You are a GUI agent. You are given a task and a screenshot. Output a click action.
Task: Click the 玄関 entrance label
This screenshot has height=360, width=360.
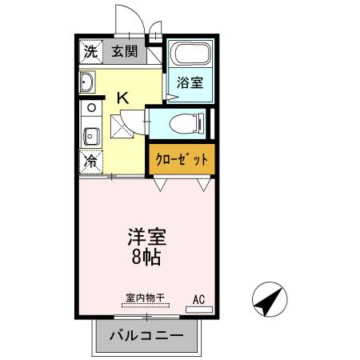tap(124, 53)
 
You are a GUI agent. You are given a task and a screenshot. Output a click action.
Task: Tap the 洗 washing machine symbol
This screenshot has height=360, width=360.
tap(90, 53)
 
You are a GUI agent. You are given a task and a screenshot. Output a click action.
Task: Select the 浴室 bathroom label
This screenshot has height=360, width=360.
tap(189, 82)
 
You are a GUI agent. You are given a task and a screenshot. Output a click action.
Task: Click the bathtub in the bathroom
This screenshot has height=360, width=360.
tap(190, 57)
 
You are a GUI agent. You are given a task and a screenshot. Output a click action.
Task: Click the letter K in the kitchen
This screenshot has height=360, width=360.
tap(123, 98)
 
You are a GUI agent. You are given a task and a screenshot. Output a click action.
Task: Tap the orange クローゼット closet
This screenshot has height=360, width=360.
tap(182, 159)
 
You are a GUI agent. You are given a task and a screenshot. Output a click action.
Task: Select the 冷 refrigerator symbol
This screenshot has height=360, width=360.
tap(90, 160)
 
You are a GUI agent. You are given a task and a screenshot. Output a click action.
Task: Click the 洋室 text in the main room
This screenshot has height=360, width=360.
tap(146, 238)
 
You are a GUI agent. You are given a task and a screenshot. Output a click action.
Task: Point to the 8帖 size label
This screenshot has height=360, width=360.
tap(146, 258)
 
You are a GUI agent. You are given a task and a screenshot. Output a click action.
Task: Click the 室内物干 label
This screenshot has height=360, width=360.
tap(144, 298)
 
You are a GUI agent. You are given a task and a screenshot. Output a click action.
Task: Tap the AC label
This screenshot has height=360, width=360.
tap(199, 299)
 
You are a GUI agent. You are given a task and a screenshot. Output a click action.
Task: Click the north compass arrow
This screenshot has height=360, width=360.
tap(266, 302)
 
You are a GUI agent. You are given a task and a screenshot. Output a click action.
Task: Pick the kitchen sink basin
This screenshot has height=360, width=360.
tap(90, 134)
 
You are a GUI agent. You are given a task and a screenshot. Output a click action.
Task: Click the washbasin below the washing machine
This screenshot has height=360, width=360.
tap(88, 81)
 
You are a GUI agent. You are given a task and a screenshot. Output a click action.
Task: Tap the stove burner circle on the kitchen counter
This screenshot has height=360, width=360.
tap(90, 106)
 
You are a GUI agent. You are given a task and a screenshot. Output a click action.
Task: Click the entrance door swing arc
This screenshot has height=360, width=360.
tap(126, 21)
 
